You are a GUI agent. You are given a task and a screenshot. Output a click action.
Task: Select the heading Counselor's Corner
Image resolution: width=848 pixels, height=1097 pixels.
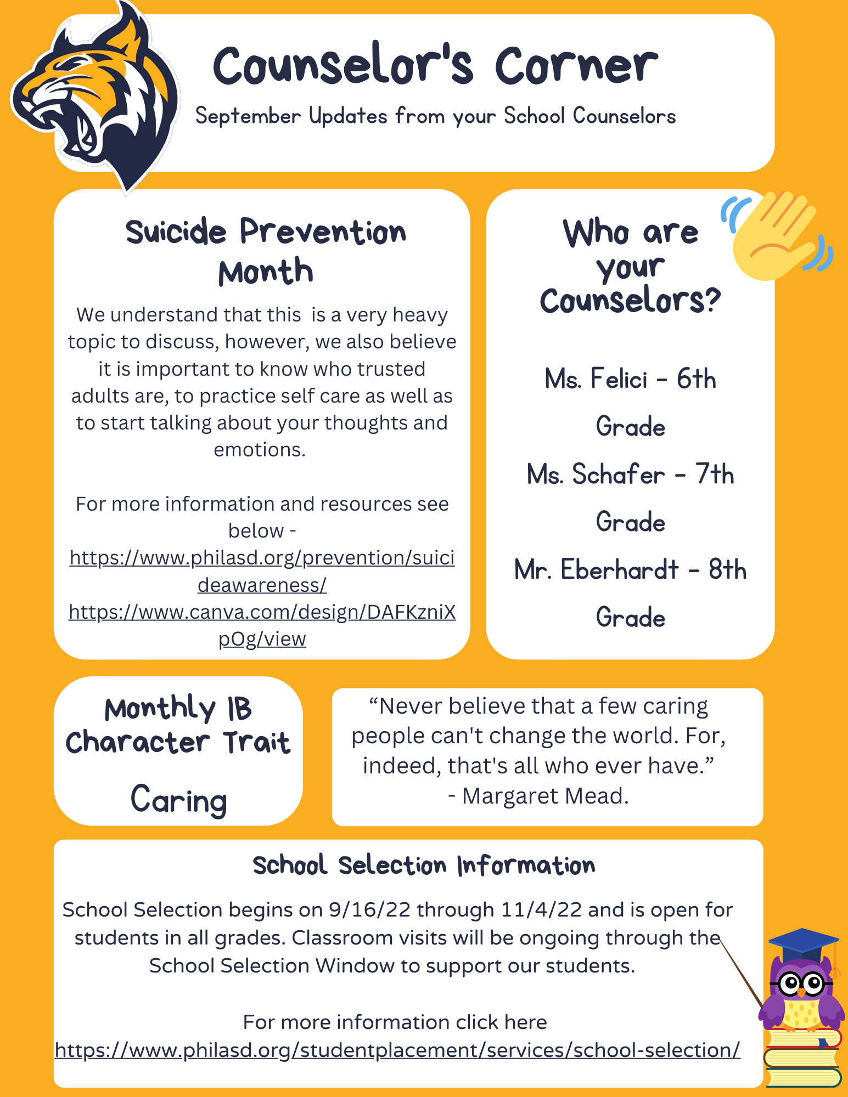coord(435,66)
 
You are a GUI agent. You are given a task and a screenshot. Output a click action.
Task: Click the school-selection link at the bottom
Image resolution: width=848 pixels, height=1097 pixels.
coord(397,1050)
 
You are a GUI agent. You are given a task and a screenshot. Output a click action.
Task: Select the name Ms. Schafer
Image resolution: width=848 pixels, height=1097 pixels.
coord(596,474)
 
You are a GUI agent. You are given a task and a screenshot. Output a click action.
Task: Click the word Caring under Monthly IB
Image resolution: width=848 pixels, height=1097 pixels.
coord(179,799)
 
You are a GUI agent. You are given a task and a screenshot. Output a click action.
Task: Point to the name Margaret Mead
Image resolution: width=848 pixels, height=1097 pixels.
coord(544,796)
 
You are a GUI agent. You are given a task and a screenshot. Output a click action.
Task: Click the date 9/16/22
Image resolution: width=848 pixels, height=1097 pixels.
coord(369,910)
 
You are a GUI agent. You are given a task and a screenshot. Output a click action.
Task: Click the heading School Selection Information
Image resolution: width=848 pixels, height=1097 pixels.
coord(424,866)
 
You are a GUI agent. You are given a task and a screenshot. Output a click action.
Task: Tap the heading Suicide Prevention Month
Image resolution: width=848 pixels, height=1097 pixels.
coord(266,251)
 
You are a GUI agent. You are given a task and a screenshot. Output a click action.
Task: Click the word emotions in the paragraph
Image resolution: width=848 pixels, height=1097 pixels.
coord(259,450)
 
